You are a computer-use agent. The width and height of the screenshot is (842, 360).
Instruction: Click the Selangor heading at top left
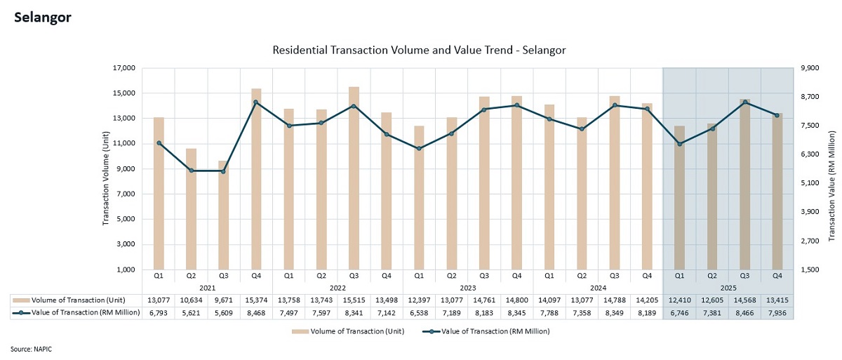coord(43,18)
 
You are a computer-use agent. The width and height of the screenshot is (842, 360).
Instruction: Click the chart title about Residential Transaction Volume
coord(419,51)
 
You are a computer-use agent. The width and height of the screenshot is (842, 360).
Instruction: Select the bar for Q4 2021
coord(256,179)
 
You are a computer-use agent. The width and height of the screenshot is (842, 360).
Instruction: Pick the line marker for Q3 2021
coord(224,171)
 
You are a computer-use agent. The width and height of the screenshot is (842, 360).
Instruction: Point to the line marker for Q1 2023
coord(419,149)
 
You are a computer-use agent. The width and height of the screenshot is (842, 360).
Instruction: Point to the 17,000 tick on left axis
coord(123,68)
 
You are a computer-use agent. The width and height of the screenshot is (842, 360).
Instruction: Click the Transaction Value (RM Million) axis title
coord(831,185)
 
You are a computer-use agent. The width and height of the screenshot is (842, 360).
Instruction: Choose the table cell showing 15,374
coord(256,300)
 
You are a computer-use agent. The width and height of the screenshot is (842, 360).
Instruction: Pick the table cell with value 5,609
coord(224,313)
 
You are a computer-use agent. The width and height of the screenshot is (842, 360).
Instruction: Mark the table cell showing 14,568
coord(744,300)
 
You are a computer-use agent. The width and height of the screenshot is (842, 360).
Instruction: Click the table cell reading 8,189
coord(647,313)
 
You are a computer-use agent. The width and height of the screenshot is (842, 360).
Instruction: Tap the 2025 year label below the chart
coord(728,288)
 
